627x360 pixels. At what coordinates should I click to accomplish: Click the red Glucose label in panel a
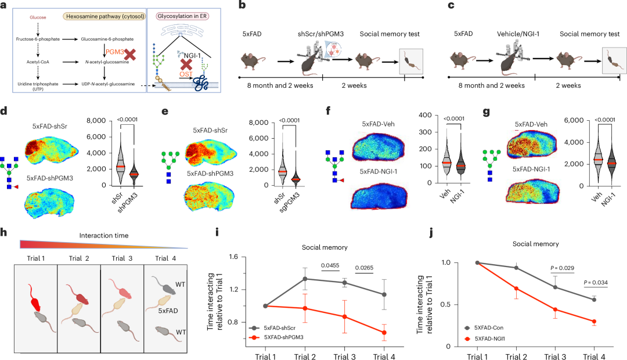tap(38, 17)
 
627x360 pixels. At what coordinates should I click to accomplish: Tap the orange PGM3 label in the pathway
tap(115, 52)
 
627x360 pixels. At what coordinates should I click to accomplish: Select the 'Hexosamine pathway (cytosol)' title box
tap(104, 16)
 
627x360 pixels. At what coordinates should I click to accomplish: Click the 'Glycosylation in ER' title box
tap(182, 16)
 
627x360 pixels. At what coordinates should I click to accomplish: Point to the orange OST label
tap(186, 74)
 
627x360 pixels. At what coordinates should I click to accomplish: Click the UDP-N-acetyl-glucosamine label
tap(108, 84)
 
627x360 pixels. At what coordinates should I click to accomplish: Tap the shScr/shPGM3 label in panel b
tap(320, 34)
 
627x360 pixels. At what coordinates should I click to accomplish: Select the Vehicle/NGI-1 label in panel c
tap(518, 34)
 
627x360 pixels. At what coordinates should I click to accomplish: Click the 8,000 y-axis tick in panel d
tap(96, 120)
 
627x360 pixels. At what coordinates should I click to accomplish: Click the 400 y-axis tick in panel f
tap(425, 115)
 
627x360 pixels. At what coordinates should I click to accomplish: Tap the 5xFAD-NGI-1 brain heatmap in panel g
tap(532, 190)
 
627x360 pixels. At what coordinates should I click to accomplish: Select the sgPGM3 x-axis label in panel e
tap(289, 203)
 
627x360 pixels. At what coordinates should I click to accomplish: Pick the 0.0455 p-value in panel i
tap(330, 265)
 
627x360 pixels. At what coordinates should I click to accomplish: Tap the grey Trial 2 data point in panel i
tap(305, 279)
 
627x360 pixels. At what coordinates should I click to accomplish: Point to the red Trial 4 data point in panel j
tap(594, 322)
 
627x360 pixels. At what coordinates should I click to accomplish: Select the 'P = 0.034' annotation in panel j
tap(596, 282)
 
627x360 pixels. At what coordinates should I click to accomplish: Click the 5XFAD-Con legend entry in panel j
tap(484, 327)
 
